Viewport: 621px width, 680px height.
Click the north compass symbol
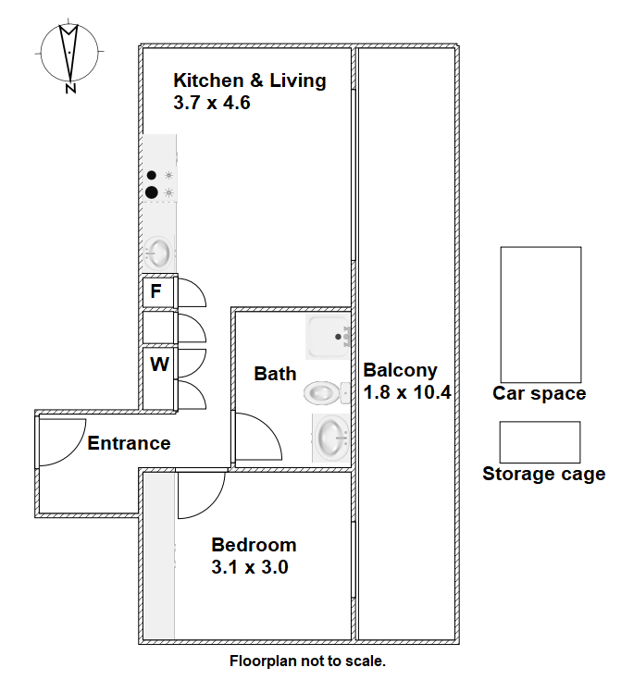(x=69, y=56)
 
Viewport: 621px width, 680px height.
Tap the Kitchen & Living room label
(x=250, y=80)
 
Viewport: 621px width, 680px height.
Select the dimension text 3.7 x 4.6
(x=212, y=103)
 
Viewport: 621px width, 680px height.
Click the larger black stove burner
(x=152, y=192)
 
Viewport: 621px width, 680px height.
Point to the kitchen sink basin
(x=157, y=253)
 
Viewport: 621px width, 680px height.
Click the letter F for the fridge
(x=155, y=291)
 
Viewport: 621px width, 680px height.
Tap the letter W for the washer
(x=159, y=365)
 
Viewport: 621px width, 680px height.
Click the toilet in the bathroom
(x=327, y=393)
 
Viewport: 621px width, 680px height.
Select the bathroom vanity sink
(x=332, y=437)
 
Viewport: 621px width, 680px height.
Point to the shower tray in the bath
(x=328, y=337)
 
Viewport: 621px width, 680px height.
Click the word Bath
(x=275, y=374)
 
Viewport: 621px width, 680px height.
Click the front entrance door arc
(x=73, y=451)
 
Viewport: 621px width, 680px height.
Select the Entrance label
(x=129, y=443)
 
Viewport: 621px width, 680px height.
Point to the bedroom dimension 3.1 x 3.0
(x=250, y=567)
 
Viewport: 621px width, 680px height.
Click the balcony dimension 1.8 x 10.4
(x=407, y=392)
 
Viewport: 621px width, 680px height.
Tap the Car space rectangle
(x=540, y=315)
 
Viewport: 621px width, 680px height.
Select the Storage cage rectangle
(x=540, y=442)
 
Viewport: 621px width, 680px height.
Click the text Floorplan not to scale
(x=307, y=661)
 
